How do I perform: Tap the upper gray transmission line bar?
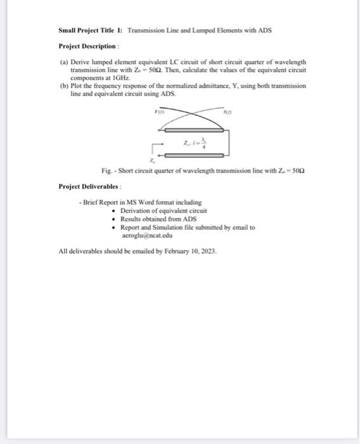(194, 129)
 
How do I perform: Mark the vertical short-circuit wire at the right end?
(229, 141)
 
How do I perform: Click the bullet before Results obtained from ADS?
(113, 219)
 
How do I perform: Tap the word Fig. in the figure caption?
(107, 171)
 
